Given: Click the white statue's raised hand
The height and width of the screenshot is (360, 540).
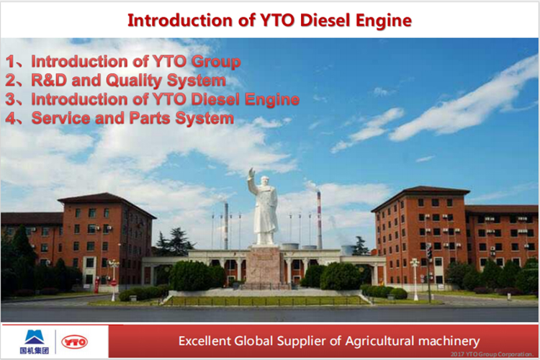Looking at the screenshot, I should point(251,173).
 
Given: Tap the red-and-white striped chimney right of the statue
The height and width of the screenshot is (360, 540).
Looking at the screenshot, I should point(319,220).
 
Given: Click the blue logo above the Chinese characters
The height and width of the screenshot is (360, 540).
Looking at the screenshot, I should point(34,336).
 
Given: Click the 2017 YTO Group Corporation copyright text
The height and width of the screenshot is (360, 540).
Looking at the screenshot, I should point(493,355).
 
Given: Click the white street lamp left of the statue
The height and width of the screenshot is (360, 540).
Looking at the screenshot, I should point(113,278).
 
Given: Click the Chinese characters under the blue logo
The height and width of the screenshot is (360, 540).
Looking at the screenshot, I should point(34,351).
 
